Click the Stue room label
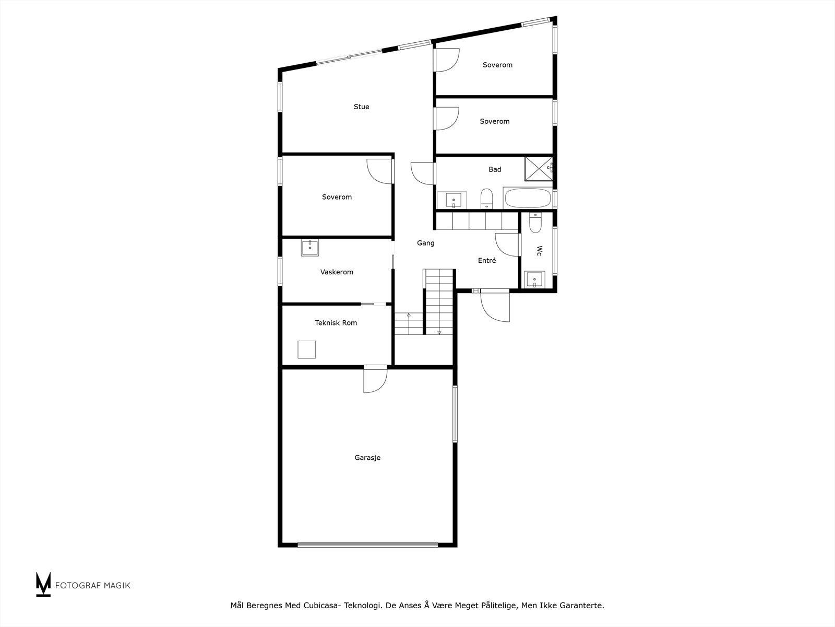(361, 107)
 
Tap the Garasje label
(367, 458)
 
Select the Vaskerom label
(337, 272)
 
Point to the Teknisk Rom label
(336, 323)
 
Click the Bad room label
(495, 169)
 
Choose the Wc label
(539, 251)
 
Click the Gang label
(425, 243)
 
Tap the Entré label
(487, 260)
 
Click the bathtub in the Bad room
(527, 199)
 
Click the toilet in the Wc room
(535, 223)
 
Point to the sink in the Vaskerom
(310, 247)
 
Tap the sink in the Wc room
(534, 280)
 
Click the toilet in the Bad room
(486, 199)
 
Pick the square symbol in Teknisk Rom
(306, 349)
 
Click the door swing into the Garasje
(376, 380)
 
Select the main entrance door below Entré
(495, 306)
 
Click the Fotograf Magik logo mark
(43, 584)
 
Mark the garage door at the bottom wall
(367, 544)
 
